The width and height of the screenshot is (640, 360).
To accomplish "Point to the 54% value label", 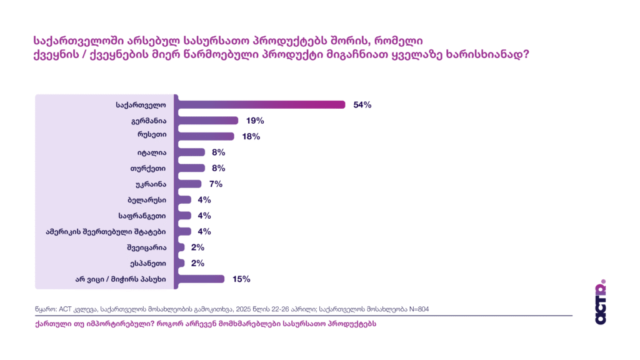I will point(362,105).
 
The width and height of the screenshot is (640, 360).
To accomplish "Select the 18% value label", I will point(251,136).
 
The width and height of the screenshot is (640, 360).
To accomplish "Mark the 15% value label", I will point(241,279).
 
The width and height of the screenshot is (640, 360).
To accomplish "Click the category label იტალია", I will point(151,152).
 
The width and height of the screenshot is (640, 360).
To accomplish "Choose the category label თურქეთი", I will point(149,168).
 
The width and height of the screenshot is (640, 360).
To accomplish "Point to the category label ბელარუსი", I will point(147,200).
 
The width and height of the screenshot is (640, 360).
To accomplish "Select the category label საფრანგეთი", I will point(142,216).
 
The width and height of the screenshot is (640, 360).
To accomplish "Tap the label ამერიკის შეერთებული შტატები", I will point(106,231).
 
